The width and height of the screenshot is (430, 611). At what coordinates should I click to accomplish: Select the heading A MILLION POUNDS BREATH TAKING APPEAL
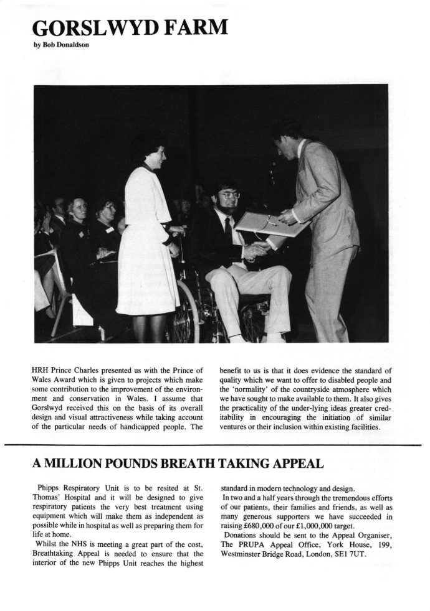pyautogui.click(x=178, y=463)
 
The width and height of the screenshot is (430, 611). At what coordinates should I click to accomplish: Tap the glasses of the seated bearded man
pyautogui.click(x=229, y=195)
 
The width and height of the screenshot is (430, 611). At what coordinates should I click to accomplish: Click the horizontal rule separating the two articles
pyautogui.click(x=215, y=445)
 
